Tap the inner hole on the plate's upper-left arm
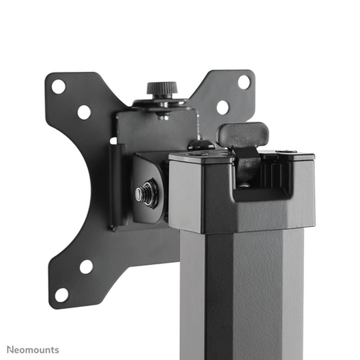click(84, 112)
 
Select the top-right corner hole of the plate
click(244, 82)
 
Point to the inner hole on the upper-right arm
click(222, 107)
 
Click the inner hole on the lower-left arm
click(86, 266)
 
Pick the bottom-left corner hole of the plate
click(61, 295)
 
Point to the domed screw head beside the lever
click(201, 145)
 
